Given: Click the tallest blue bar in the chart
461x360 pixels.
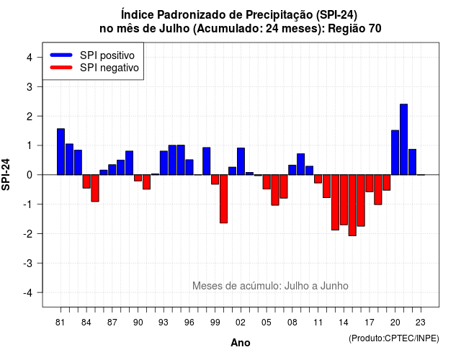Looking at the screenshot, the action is click(403, 139).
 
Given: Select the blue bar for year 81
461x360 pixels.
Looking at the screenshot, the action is click(61, 152).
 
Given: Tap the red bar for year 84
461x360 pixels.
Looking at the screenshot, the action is click(86, 181).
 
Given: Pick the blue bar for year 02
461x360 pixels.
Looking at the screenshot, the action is click(241, 161).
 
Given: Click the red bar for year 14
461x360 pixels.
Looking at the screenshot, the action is click(344, 200).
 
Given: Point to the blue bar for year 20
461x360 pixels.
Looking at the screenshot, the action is click(395, 153).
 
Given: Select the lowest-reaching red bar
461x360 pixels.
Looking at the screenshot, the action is click(352, 205).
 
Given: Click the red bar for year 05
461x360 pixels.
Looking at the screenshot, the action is click(267, 182).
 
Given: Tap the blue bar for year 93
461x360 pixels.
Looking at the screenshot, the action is click(164, 163).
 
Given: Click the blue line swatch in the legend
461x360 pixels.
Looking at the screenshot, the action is click(61, 55).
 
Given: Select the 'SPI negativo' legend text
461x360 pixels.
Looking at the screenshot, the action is click(109, 68).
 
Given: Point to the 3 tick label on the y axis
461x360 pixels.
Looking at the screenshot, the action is click(30, 86).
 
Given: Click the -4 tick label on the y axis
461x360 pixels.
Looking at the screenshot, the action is click(28, 292).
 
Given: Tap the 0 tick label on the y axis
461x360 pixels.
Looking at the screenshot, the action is click(30, 175).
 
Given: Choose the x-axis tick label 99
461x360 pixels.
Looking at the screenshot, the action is click(215, 323).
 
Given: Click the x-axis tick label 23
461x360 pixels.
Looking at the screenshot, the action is click(421, 323).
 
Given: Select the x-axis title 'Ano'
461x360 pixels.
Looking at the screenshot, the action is click(241, 343).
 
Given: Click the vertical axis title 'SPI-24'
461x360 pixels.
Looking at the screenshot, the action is click(6, 174).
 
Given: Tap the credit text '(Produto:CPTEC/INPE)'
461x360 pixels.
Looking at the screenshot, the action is click(394, 338).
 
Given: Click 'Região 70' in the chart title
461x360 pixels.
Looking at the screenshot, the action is click(354, 29).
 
